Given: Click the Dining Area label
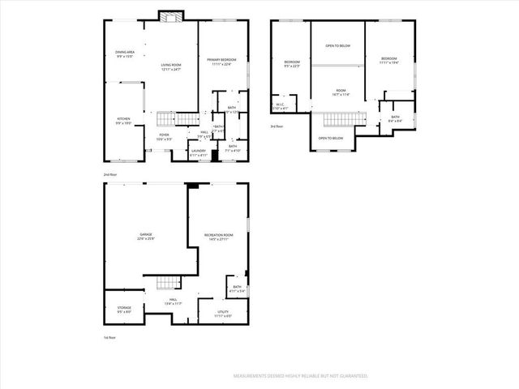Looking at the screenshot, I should point(124,54).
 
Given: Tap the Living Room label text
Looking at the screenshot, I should point(170,67).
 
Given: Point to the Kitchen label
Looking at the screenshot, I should point(123,121).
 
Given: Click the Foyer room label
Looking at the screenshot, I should point(164,137).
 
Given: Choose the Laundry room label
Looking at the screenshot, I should point(199,152).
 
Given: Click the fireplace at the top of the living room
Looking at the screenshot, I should point(171,16).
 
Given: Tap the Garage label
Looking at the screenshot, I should point(145,237).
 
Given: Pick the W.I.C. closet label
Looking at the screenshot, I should point(280,105).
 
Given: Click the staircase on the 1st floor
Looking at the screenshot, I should point(166,282).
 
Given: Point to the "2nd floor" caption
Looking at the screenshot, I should point(109,175).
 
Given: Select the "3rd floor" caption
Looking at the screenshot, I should point(277,126).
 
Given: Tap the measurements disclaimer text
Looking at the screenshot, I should point(301,376).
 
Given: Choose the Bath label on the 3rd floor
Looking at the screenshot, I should point(395,118).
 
